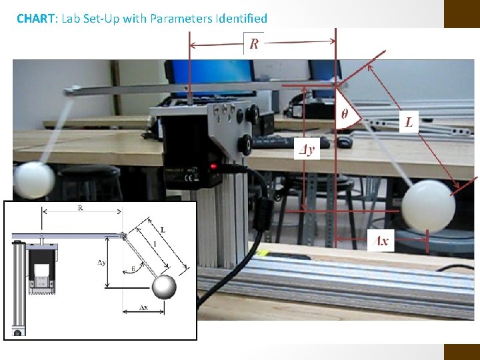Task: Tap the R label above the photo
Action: [x=254, y=44]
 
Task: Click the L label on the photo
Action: [x=408, y=122]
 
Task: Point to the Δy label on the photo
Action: [x=306, y=149]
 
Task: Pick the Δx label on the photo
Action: [x=381, y=241]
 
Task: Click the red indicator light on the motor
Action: [x=213, y=166]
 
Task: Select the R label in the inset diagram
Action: [x=81, y=208]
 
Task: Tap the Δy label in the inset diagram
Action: [x=101, y=262]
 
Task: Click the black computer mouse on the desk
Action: [x=344, y=141]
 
